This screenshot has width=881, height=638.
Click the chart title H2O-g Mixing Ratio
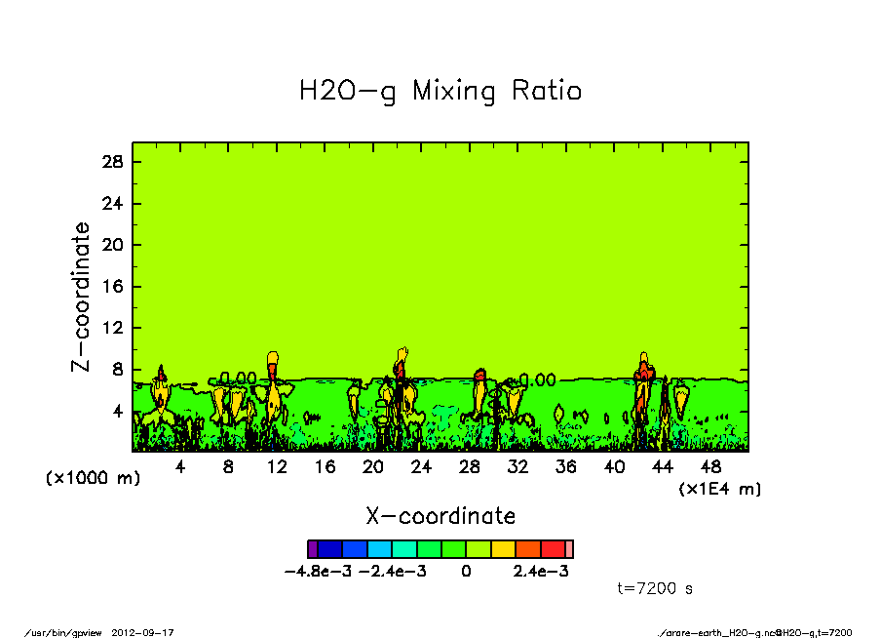[x=440, y=92]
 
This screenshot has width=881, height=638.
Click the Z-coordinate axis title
[x=82, y=297]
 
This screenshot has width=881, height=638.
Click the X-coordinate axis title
[x=440, y=516]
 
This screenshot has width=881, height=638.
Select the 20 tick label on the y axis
[x=113, y=245]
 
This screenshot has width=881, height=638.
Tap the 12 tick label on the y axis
[x=113, y=329]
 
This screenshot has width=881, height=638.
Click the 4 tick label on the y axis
[x=119, y=412]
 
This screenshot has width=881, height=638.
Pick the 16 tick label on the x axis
[x=325, y=467]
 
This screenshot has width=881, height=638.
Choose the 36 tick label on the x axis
[x=565, y=467]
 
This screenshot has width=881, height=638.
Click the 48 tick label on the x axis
[x=710, y=467]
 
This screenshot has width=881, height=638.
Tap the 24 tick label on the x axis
[x=421, y=467]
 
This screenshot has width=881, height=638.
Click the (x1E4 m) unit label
[x=720, y=488]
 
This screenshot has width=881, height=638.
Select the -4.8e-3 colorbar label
[x=317, y=572]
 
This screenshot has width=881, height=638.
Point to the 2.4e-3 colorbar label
[x=541, y=572]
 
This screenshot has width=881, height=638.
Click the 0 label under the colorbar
[x=466, y=572]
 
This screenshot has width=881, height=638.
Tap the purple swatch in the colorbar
[x=313, y=549]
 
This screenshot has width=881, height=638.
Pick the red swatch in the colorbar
[x=553, y=549]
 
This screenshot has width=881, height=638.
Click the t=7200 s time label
[x=655, y=588]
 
